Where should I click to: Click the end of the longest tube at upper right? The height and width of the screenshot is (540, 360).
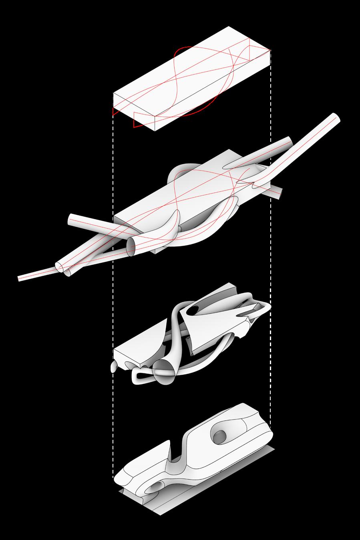(x=337, y=118)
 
